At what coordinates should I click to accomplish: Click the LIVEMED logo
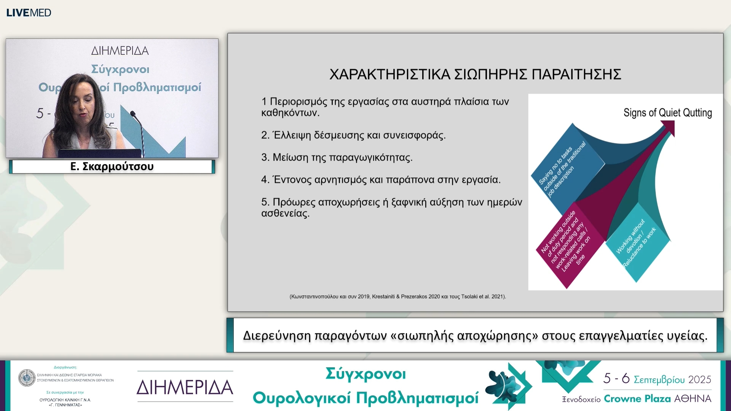[x=29, y=13]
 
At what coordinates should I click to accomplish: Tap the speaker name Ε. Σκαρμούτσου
[x=112, y=167]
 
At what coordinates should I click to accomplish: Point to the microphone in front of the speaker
[x=133, y=114]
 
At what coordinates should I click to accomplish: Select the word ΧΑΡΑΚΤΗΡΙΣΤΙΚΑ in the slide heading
[x=390, y=74]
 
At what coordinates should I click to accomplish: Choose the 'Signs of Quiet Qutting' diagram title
[x=667, y=113]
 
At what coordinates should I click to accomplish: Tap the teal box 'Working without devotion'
[x=637, y=244]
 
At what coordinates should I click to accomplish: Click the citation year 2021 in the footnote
[x=497, y=296]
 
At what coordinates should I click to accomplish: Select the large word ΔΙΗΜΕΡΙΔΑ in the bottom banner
[x=185, y=387]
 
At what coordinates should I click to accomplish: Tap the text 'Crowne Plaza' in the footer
[x=637, y=398]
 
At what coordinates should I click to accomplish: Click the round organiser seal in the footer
[x=27, y=378]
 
